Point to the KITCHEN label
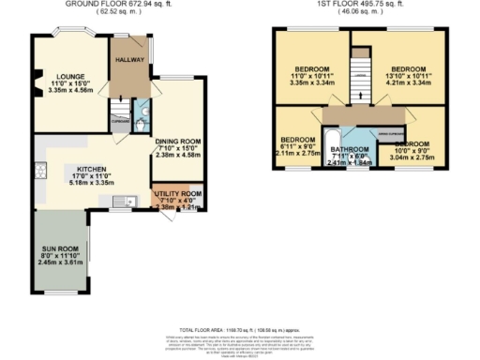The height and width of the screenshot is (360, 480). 92,170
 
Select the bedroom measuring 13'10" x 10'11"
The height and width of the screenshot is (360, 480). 409,69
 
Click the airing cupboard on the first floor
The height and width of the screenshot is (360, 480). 390,133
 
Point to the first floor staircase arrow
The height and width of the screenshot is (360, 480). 359,80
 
